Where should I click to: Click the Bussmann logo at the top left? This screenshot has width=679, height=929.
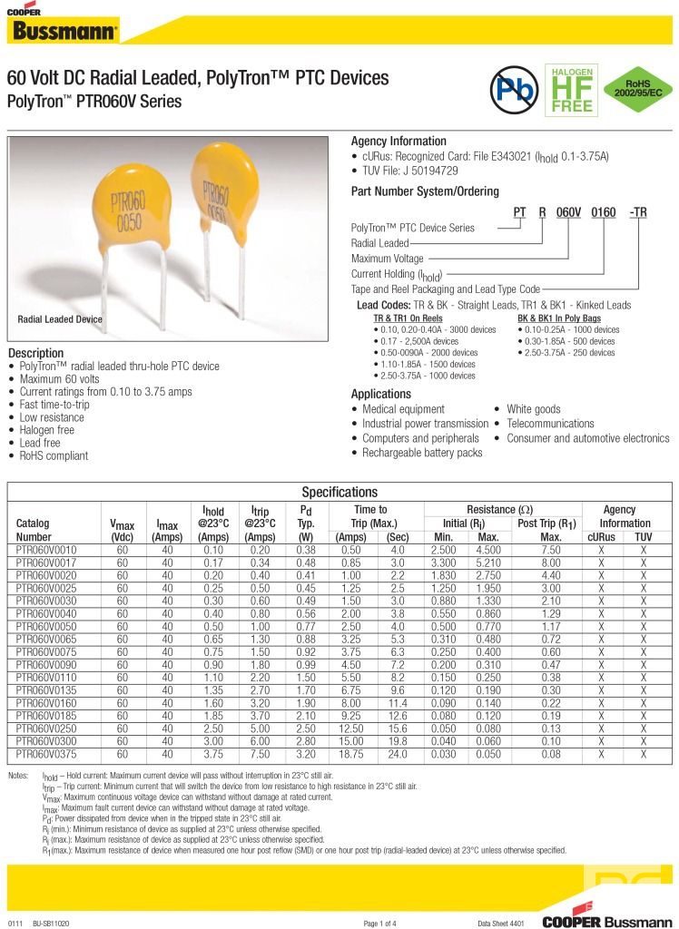click(x=62, y=28)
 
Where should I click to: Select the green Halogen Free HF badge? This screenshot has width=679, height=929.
click(x=568, y=89)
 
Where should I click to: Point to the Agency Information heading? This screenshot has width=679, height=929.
click(x=399, y=142)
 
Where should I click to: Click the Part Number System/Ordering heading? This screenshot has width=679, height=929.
click(x=425, y=191)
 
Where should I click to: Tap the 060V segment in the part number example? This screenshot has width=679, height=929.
click(x=568, y=211)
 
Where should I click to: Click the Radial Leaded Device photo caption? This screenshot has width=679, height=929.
click(x=60, y=319)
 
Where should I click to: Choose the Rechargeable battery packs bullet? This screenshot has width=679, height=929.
click(x=422, y=453)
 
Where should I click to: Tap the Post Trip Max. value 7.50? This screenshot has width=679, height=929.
click(x=550, y=550)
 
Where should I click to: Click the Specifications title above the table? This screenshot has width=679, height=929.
click(x=339, y=492)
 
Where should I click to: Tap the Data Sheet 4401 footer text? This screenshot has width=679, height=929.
click(x=501, y=923)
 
